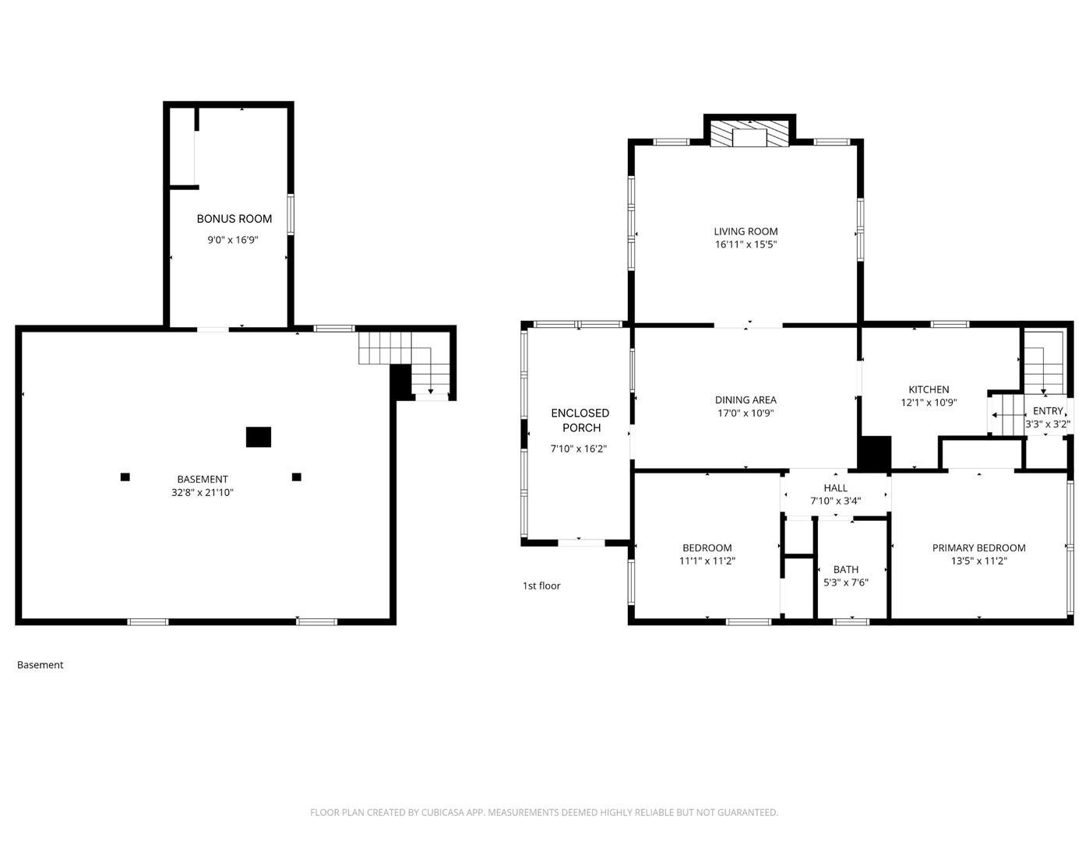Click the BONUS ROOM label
tap(234, 219)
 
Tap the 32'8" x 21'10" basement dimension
tap(203, 492)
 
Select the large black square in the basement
tap(259, 437)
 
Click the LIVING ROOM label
tap(745, 231)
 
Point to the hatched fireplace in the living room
tap(749, 133)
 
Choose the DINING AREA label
tap(745, 399)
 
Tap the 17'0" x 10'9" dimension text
tap(745, 413)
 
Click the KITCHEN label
tap(929, 389)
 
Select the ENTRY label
tap(1048, 410)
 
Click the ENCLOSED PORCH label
tap(580, 420)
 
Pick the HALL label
tap(835, 488)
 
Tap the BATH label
tap(845, 569)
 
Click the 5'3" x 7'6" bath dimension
tap(846, 582)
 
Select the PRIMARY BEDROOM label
tap(978, 548)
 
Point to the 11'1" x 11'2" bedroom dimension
tap(707, 561)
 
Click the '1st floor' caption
tap(541, 586)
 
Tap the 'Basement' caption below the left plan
tap(40, 665)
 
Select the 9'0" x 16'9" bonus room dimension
tap(233, 240)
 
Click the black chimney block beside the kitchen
tap(875, 452)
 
